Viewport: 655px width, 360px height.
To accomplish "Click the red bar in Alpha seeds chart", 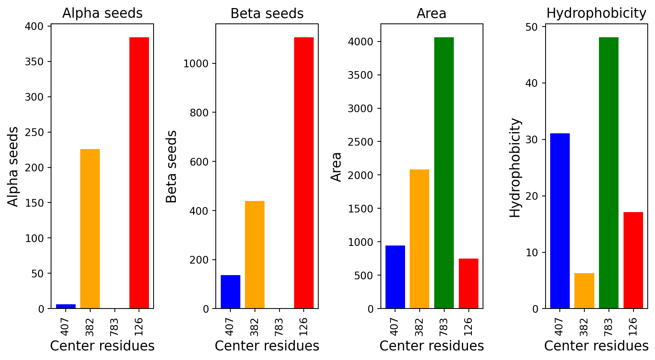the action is [x=139, y=173].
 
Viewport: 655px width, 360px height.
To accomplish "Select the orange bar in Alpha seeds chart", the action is [x=90, y=229].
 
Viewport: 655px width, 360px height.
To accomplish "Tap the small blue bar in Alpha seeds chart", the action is [x=66, y=306].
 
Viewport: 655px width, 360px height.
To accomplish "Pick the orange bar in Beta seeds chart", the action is [x=255, y=255].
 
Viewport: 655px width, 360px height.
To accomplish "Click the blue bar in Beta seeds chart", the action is [x=230, y=292].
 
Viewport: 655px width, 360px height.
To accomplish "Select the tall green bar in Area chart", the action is [x=444, y=173].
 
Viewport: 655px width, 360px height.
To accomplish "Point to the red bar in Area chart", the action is [x=468, y=283].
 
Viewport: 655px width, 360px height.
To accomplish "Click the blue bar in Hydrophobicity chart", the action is [x=560, y=221].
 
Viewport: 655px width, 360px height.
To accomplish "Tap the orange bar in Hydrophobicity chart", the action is [x=584, y=290].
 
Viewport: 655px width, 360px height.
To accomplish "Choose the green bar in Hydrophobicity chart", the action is [x=609, y=173].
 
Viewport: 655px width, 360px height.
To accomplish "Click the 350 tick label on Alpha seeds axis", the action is [x=34, y=62].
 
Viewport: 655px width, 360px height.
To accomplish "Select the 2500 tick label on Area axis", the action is [x=361, y=142].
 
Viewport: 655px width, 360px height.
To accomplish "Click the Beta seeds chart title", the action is [x=267, y=13].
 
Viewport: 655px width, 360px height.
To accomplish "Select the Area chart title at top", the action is [x=432, y=13].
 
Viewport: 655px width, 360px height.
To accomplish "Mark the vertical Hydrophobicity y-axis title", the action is [x=515, y=168].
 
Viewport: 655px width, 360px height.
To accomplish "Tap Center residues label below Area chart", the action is [x=432, y=346].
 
